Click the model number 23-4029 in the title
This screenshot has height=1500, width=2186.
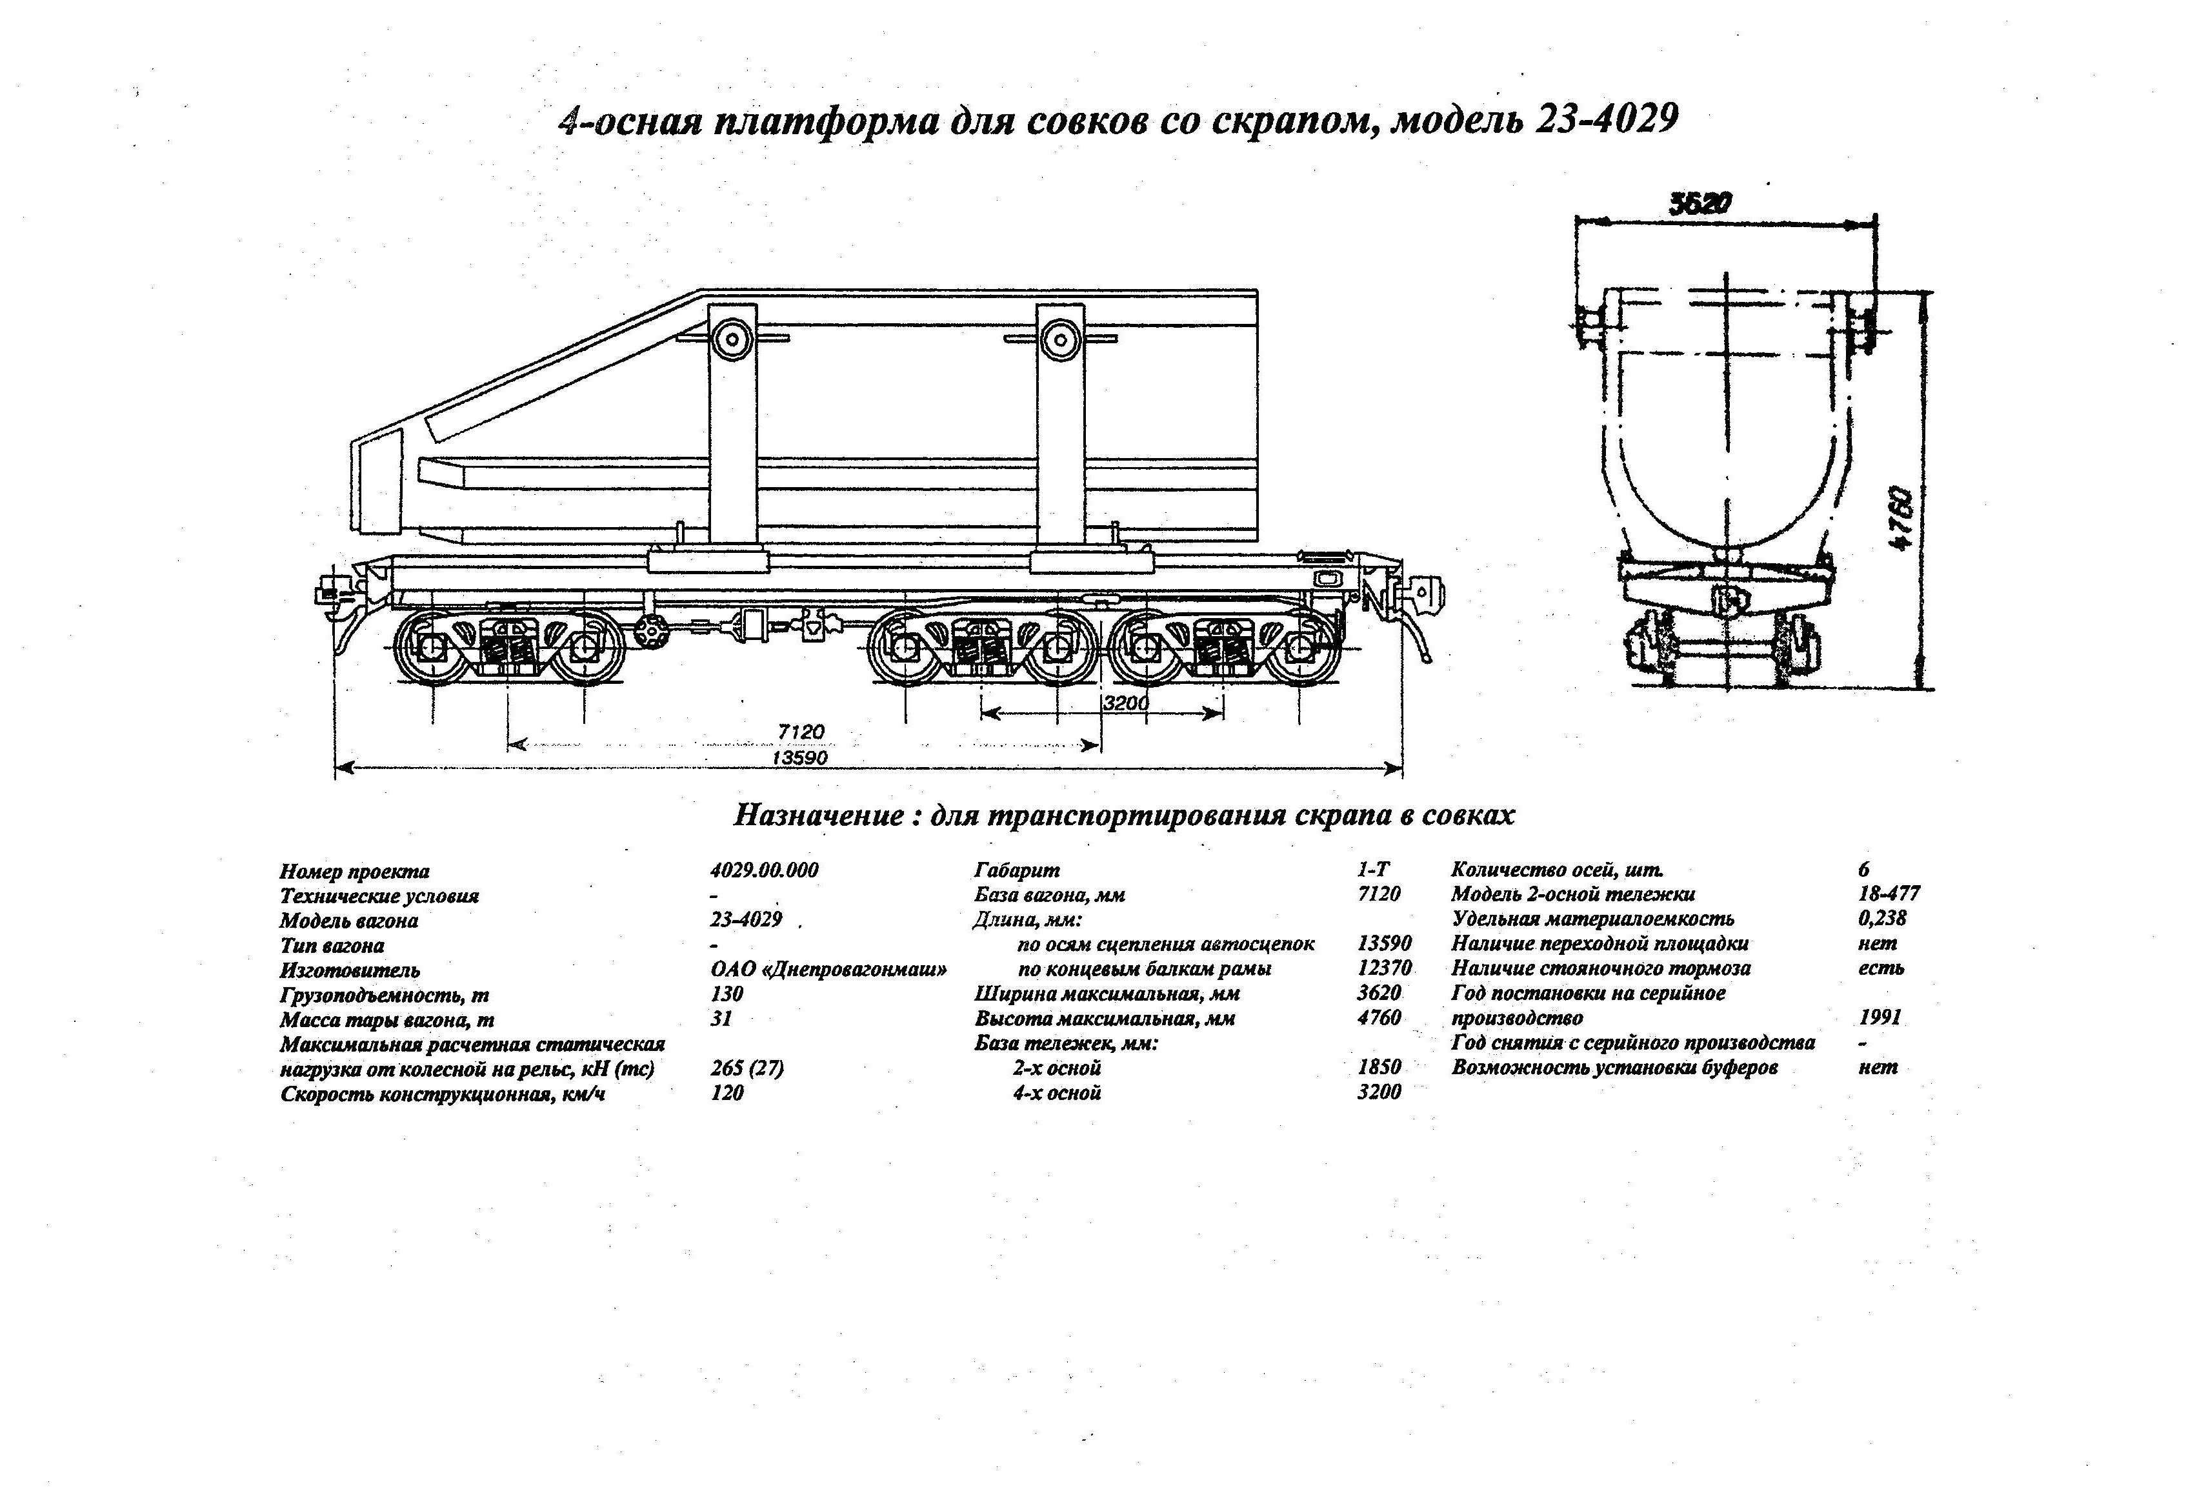pyautogui.click(x=1609, y=121)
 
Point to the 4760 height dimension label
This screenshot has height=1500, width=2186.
pyautogui.click(x=1902, y=518)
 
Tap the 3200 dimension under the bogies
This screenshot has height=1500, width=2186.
pyautogui.click(x=1126, y=703)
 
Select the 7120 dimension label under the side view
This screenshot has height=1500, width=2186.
pyautogui.click(x=801, y=731)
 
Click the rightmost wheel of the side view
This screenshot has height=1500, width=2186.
pyautogui.click(x=1301, y=647)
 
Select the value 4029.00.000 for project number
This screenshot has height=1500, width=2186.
pyautogui.click(x=764, y=870)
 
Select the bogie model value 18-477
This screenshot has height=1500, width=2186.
pyautogui.click(x=1889, y=894)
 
